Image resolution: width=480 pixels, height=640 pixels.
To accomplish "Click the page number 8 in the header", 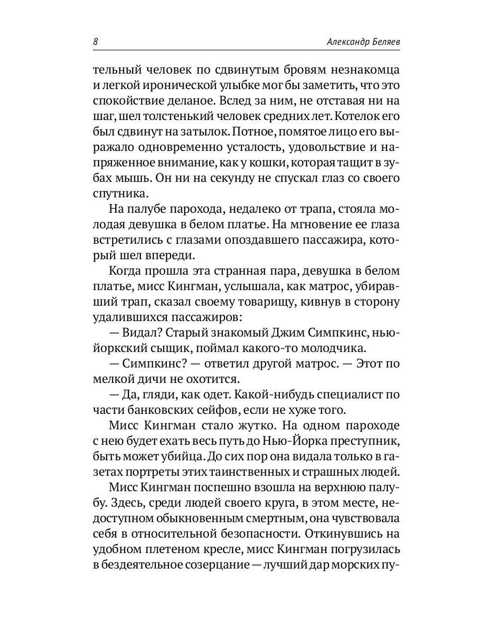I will (x=95, y=42).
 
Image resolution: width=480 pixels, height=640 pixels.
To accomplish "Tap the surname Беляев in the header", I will (x=380, y=42).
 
